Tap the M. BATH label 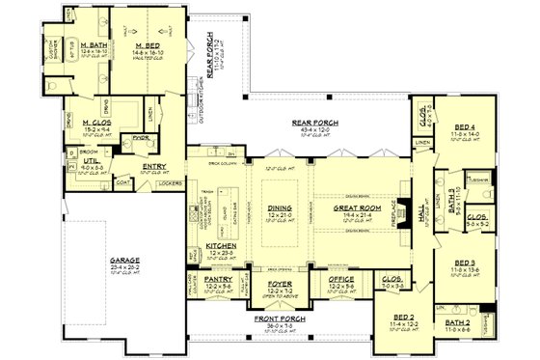[93, 44]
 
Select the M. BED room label [147, 44]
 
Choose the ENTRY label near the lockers [154, 166]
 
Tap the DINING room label [279, 205]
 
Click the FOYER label [276, 283]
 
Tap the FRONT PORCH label [276, 318]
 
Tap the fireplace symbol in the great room [406, 209]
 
